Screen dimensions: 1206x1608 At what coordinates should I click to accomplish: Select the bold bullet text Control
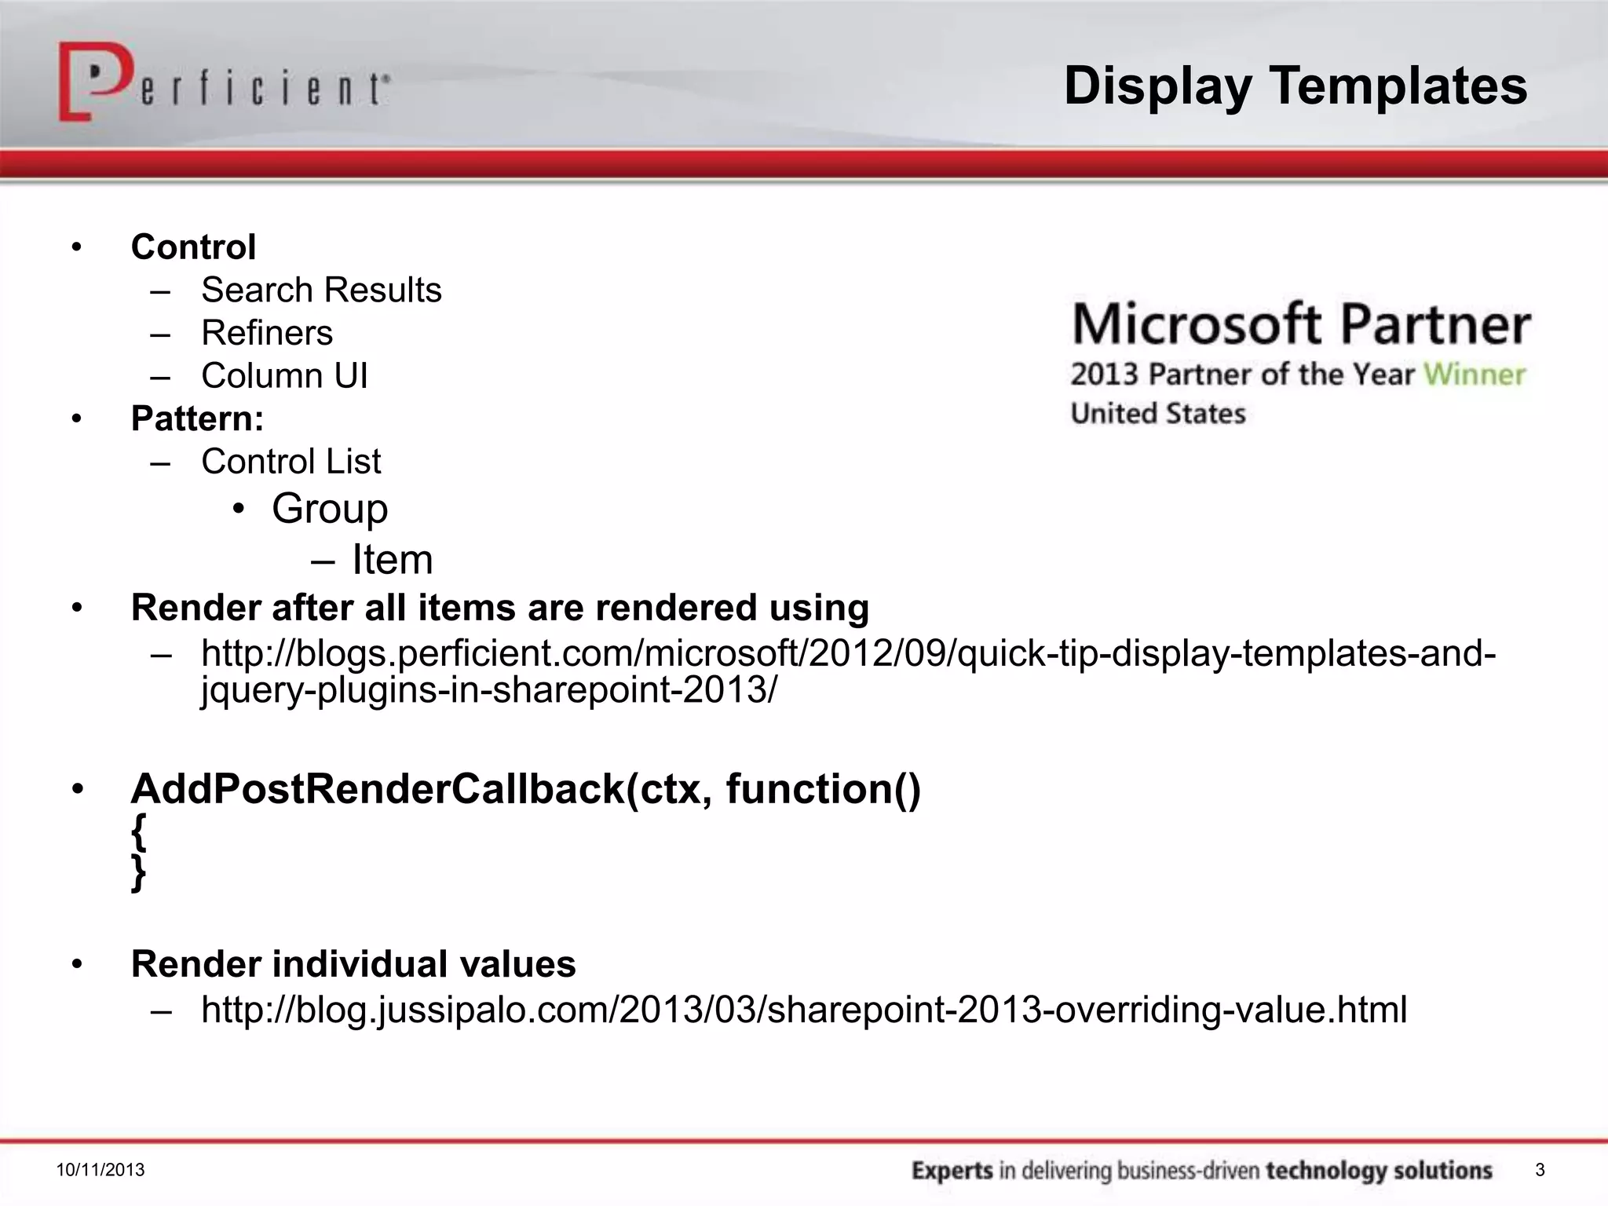tap(193, 247)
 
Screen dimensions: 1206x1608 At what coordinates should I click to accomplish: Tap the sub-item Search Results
tap(321, 291)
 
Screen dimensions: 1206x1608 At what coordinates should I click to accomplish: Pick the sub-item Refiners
tap(267, 333)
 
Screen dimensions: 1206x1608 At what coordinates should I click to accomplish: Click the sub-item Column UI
tap(284, 376)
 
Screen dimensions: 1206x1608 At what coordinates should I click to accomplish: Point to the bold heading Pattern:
tap(197, 418)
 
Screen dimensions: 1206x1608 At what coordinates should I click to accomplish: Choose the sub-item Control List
tap(291, 462)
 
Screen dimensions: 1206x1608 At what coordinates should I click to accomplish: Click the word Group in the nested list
tap(330, 509)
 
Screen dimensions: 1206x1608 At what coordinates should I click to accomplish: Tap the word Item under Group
tap(392, 560)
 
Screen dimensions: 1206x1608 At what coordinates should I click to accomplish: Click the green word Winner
tap(1475, 375)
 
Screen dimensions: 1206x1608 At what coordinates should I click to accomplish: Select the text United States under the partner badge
tap(1158, 414)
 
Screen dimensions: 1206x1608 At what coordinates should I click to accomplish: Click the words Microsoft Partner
tap(1301, 324)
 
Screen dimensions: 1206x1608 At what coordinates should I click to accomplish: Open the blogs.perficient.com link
tap(848, 654)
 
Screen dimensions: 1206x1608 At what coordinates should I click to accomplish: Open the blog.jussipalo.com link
tap(804, 1010)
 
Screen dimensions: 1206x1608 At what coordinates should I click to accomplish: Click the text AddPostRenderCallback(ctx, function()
tap(526, 788)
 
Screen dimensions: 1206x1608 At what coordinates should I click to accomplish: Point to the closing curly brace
tap(139, 873)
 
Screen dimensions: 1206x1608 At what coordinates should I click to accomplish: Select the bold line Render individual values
tap(353, 964)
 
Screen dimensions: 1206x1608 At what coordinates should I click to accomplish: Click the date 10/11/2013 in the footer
tap(100, 1171)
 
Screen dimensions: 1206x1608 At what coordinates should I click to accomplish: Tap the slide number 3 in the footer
tap(1540, 1171)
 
